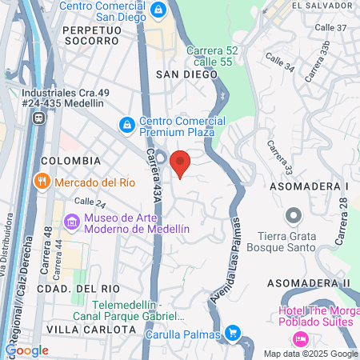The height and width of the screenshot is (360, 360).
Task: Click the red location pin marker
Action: click(180, 162)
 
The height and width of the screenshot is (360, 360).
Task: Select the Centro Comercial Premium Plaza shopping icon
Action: click(126, 126)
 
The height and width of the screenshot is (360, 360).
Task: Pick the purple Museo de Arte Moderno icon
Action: click(72, 221)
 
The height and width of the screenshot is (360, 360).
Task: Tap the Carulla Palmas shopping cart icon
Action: click(233, 332)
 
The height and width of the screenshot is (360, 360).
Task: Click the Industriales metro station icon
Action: click(38, 118)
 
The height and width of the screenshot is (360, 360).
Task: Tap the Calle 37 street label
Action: click(329, 27)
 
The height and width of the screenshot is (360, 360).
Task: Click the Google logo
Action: click(27, 350)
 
